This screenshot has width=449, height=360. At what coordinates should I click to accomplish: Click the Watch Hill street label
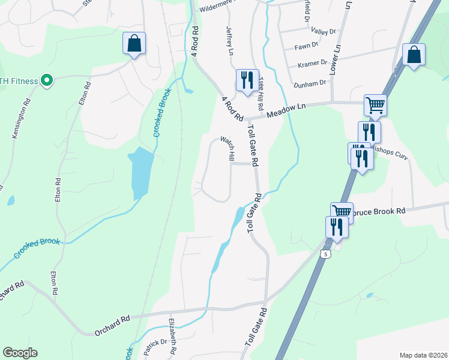pos(228,148)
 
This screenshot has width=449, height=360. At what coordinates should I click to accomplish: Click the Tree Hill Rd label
pos(261,93)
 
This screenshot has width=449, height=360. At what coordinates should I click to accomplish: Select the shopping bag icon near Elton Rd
pos(134,43)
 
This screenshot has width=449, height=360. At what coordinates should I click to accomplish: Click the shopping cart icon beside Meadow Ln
pos(375,105)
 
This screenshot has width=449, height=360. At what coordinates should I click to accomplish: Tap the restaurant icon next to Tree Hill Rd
pos(247,79)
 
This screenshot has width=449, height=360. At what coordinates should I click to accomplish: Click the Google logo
pos(20,353)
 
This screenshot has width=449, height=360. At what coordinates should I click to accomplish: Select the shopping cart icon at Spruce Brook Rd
pos(342,212)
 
